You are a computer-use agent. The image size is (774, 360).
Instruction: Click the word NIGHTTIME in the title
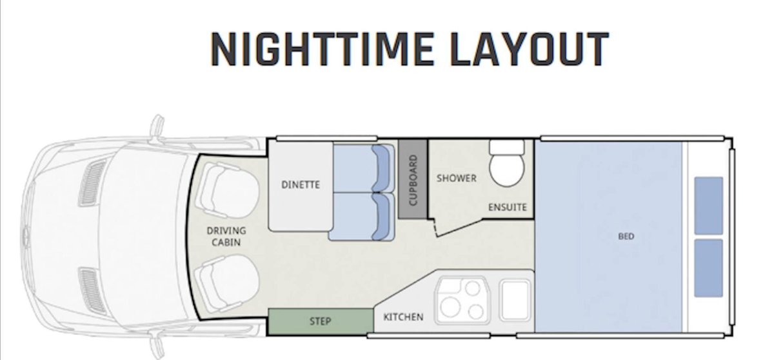[321, 49]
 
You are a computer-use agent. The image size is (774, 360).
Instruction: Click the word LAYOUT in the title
[530, 49]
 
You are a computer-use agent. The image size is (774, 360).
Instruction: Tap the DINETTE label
[301, 185]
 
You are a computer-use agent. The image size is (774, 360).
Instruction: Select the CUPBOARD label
[413, 180]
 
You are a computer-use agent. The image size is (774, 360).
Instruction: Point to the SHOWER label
[456, 178]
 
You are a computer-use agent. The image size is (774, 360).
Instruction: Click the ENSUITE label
[507, 207]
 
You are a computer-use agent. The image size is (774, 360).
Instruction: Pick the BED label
[626, 236]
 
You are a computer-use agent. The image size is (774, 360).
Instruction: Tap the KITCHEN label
[403, 317]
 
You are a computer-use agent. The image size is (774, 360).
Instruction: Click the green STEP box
[321, 322]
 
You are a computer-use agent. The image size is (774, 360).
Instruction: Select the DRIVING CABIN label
[226, 236]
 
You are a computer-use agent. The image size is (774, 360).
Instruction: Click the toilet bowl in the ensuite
[507, 169]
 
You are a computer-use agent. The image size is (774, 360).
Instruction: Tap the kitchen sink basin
[515, 301]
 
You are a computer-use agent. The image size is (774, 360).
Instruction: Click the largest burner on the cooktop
[450, 306]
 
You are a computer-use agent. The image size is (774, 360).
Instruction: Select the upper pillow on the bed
[708, 206]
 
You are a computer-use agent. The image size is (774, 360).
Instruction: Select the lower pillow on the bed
[708, 268]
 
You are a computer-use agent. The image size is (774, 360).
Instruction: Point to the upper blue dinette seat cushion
[362, 168]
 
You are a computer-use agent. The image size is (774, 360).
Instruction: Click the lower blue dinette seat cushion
[361, 217]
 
